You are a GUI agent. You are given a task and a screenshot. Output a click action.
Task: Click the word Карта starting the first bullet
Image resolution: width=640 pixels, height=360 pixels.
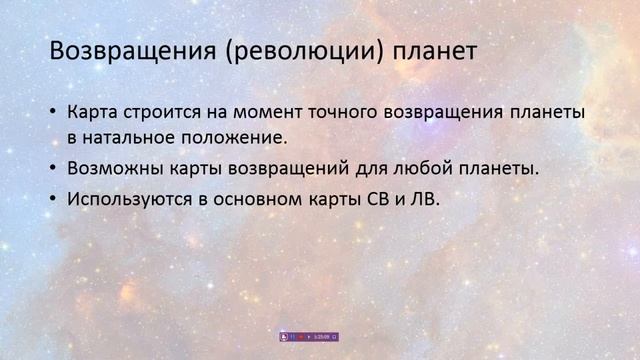[93, 113]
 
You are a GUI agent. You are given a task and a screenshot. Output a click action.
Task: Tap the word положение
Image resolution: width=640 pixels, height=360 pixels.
[240, 136]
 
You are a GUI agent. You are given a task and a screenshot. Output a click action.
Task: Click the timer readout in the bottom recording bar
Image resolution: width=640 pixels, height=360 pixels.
[321, 337]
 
